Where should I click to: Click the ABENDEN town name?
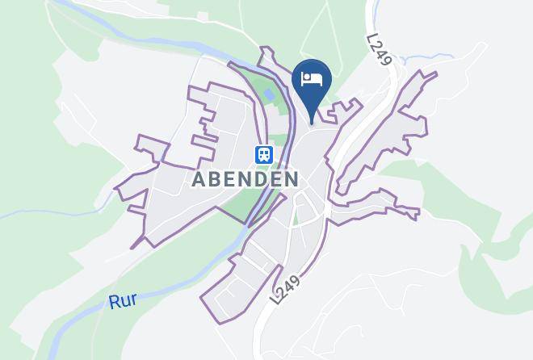coord(246,179)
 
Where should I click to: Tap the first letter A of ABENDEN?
coord(199,179)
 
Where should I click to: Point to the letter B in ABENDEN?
coord(214,179)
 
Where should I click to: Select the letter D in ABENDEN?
coord(261,179)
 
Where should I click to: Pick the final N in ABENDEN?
coord(292,179)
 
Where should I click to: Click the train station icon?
coord(263,153)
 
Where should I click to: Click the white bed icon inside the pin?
coord(312,79)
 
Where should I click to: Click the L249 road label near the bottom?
coord(285,287)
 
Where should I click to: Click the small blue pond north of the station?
coord(268,96)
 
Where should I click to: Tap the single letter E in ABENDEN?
coord(229,179)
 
